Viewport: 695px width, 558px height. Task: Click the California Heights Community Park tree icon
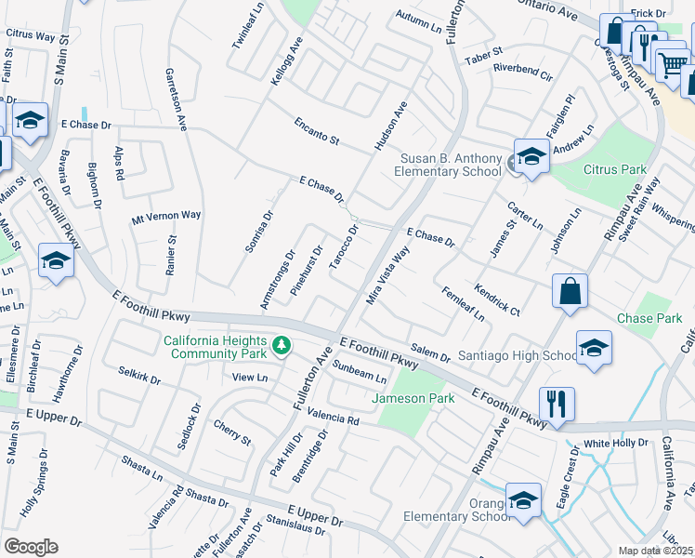click(281, 347)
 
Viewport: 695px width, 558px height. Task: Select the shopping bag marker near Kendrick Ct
click(569, 291)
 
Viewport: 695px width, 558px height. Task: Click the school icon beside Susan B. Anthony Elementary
click(531, 155)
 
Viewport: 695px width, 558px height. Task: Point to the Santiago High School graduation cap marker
click(594, 348)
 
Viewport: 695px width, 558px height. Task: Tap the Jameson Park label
click(413, 399)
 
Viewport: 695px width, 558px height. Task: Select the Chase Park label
click(648, 318)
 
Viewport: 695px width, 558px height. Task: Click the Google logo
click(30, 547)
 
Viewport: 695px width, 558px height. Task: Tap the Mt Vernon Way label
click(166, 216)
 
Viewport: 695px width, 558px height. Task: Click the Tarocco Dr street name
click(344, 249)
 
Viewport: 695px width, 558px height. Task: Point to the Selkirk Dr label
click(139, 380)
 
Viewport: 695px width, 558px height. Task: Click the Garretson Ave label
click(176, 98)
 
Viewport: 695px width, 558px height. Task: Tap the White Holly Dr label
click(616, 443)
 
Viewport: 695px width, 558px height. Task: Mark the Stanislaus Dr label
click(295, 527)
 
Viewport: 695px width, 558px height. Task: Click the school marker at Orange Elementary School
click(523, 500)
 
